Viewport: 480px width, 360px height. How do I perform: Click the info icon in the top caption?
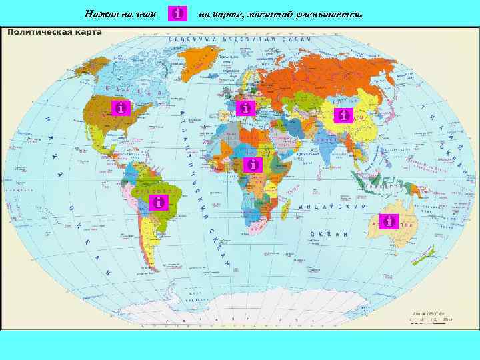point(178,14)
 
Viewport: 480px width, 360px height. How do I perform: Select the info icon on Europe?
point(246,107)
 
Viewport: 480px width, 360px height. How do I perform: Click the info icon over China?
point(343,115)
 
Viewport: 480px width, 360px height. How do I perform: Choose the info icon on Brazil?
point(157,202)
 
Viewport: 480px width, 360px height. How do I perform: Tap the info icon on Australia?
point(388,221)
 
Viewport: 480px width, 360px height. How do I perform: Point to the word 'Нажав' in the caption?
point(102,14)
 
